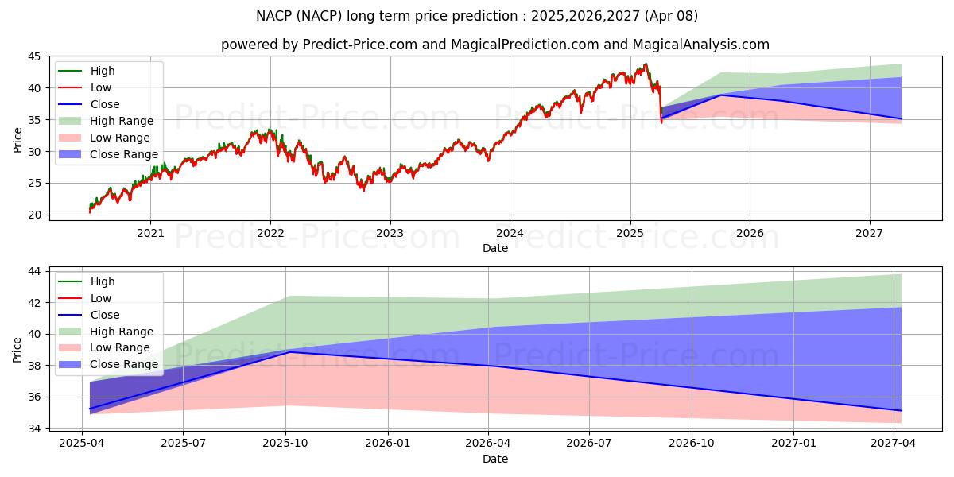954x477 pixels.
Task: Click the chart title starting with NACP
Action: (x=477, y=16)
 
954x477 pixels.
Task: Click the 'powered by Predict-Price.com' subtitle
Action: (x=494, y=45)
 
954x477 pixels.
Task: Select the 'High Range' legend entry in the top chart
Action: (x=122, y=121)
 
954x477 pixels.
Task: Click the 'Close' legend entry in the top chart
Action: (x=105, y=104)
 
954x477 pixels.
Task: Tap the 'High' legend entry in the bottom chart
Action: (x=103, y=281)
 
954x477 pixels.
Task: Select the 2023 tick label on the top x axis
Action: (x=390, y=233)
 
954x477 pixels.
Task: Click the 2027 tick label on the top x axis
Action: (x=869, y=233)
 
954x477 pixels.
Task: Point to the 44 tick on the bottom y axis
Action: (x=36, y=271)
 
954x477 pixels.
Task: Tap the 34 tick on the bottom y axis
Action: (x=36, y=429)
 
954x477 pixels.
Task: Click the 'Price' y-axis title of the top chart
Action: (x=17, y=140)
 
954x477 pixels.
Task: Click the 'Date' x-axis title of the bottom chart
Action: (x=494, y=459)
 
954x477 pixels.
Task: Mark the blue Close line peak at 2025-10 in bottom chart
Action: (x=288, y=351)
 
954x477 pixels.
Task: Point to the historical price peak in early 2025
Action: (x=646, y=64)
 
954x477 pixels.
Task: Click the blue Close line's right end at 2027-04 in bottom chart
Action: (x=901, y=410)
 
